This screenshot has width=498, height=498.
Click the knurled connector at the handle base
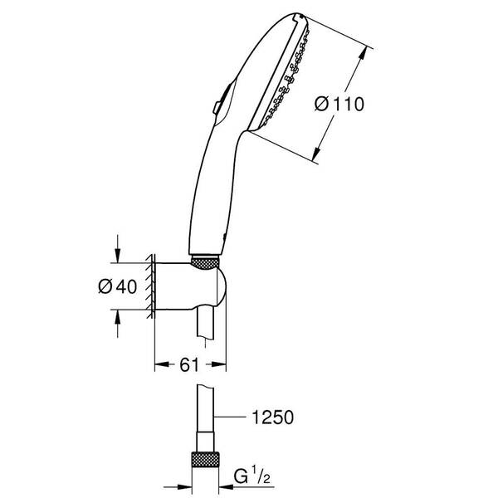point(207,262)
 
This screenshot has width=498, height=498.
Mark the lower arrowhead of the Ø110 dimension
point(315,157)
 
